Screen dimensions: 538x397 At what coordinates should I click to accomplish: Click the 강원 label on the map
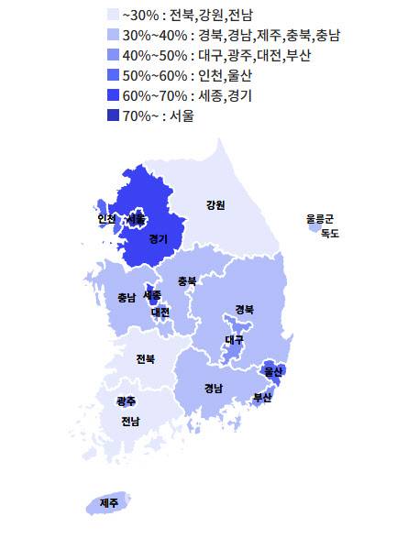215,204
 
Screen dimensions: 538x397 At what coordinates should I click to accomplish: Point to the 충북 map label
187,280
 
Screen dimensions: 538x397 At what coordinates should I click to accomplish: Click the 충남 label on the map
127,298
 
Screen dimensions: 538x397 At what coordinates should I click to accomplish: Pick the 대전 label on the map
160,312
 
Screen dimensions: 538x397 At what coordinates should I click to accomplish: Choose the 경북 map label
245,309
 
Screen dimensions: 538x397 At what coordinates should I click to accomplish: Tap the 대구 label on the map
235,340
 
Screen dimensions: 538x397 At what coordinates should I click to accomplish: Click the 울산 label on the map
272,371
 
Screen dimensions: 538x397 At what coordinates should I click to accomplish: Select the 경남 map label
213,388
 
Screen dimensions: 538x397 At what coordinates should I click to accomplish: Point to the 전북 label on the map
145,358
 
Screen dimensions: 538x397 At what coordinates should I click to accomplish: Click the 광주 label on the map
126,401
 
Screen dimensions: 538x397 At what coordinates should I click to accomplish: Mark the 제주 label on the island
109,503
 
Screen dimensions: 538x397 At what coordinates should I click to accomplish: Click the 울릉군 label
320,219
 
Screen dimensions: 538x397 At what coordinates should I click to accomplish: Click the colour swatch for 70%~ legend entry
114,115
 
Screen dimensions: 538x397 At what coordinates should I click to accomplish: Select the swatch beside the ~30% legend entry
114,15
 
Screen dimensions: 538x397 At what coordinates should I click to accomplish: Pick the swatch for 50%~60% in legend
114,75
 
